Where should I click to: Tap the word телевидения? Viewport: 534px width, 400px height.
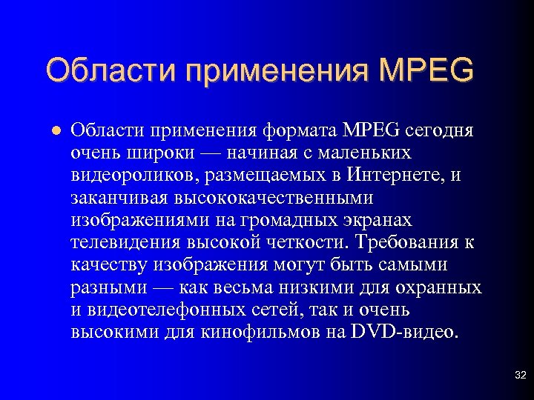point(126,243)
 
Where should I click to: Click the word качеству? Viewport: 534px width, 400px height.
point(109,265)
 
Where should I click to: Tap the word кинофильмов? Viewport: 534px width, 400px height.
point(258,332)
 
